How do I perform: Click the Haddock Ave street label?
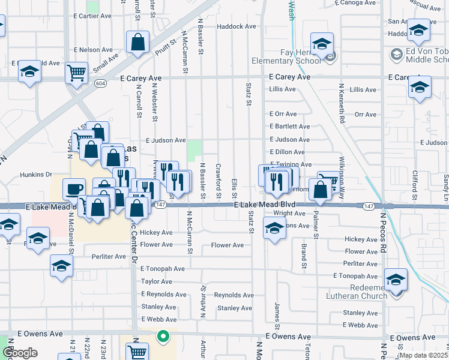[x=237, y=26]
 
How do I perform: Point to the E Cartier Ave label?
[x=94, y=16]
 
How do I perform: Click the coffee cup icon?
[x=74, y=189]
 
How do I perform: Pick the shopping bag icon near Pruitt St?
[x=137, y=43]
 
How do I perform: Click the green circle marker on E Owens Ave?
[x=162, y=337]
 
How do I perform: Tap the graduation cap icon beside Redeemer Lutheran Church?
[x=396, y=280]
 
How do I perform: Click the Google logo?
[x=20, y=353]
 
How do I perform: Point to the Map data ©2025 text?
[x=423, y=355]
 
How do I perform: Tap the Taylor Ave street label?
[x=157, y=281]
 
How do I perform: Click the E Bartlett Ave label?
[x=289, y=127]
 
